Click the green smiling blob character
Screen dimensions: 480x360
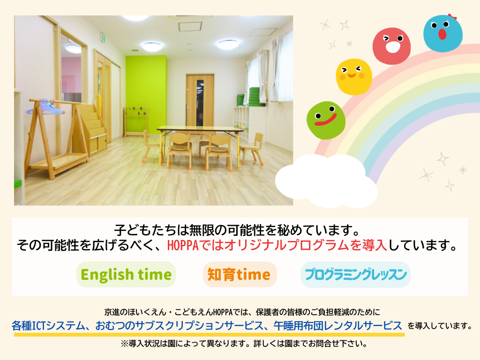pyautogui.click(x=326, y=120)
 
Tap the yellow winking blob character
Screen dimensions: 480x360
pyautogui.click(x=354, y=77)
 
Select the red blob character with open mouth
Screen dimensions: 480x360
pyautogui.click(x=391, y=46)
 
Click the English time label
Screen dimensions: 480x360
pyautogui.click(x=126, y=274)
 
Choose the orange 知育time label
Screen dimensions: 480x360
pyautogui.click(x=239, y=274)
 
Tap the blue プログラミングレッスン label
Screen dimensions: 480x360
pyautogui.click(x=356, y=274)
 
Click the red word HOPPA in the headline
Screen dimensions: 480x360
pyautogui.click(x=183, y=245)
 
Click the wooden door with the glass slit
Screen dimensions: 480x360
pyautogui.click(x=200, y=100)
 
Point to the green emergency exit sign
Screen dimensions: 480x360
pyautogui.click(x=104, y=38)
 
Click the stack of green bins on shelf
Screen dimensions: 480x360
pyautogui.click(x=250, y=97)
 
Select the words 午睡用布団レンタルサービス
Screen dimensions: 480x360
pyautogui.click(x=337, y=326)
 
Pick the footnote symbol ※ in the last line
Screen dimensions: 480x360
pyautogui.click(x=125, y=344)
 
